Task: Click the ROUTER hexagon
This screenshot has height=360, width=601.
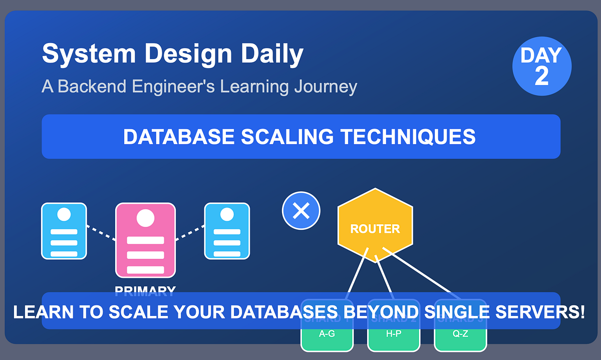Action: [x=375, y=226]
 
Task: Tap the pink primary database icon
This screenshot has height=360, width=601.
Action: [x=145, y=240]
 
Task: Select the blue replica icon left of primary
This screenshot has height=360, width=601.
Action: [x=64, y=231]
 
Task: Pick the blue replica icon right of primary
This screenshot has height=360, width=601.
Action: [x=227, y=231]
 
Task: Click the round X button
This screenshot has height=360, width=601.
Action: [x=301, y=211]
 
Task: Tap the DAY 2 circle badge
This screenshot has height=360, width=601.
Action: [x=541, y=66]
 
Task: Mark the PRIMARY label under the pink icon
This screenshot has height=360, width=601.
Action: [x=145, y=290]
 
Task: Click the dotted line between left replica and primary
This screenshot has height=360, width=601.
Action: [x=101, y=233]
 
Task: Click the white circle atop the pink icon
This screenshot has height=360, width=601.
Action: [x=145, y=218]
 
